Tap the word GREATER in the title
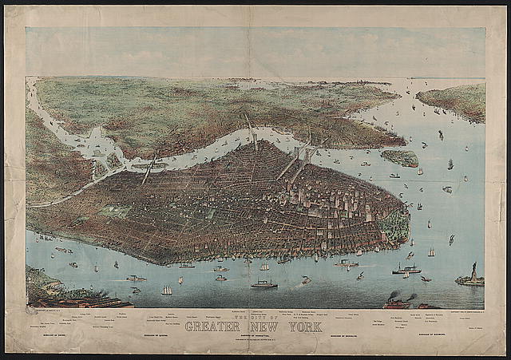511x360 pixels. tap(215, 326)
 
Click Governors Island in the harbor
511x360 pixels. tap(399, 157)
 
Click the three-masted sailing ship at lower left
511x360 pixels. tap(167, 290)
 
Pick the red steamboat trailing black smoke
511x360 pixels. tap(394, 302)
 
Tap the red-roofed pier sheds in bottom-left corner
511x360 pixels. tap(88, 302)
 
